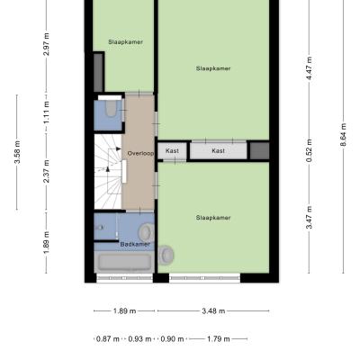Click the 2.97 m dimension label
tap(46, 44)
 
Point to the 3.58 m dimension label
tap(17, 152)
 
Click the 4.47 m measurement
tap(309, 67)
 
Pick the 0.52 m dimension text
tap(309, 150)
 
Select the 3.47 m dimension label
tap(309, 218)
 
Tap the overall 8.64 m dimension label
tap(343, 135)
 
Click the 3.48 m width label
tap(213, 311)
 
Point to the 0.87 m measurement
tap(108, 339)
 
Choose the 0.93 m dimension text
tap(139, 339)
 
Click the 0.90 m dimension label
tap(172, 339)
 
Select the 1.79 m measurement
tap(219, 339)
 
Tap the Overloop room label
tap(140, 154)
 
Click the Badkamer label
tap(135, 245)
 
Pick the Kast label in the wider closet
tap(218, 150)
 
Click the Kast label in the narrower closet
tap(172, 150)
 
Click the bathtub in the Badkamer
tap(125, 262)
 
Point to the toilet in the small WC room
tap(111, 109)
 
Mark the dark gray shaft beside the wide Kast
tap(260, 151)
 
